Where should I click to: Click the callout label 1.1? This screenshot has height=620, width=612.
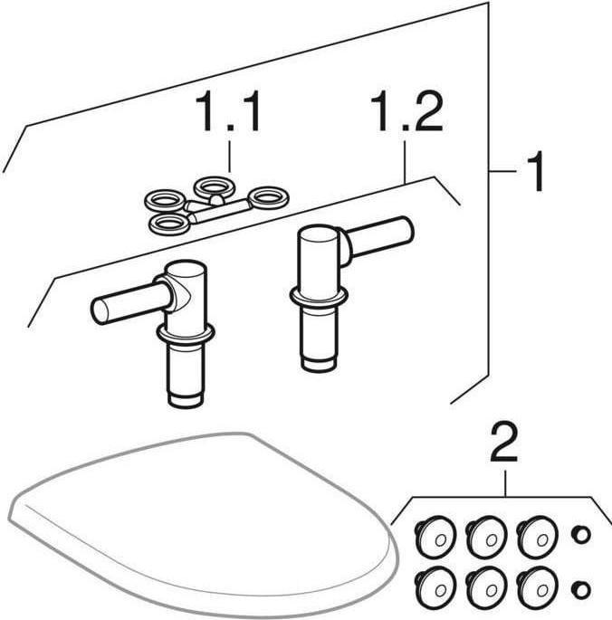click(x=227, y=111)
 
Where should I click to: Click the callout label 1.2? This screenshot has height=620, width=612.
click(x=406, y=111)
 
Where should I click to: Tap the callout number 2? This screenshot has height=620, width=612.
click(x=504, y=443)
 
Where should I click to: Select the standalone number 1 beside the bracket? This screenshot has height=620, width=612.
click(x=534, y=171)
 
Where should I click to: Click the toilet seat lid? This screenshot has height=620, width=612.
click(x=202, y=526)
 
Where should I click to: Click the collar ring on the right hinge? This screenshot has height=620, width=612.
click(x=319, y=298)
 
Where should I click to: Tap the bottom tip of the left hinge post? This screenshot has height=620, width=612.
click(x=185, y=406)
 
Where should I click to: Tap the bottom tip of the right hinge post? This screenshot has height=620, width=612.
click(x=319, y=371)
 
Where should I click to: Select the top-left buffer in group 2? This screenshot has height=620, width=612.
click(x=435, y=537)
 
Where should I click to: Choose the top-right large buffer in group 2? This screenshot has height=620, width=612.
click(x=537, y=537)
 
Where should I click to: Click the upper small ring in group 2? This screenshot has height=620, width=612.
click(x=581, y=535)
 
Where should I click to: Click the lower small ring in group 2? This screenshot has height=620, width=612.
click(x=581, y=590)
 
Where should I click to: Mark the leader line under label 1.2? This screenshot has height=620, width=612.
click(x=404, y=162)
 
